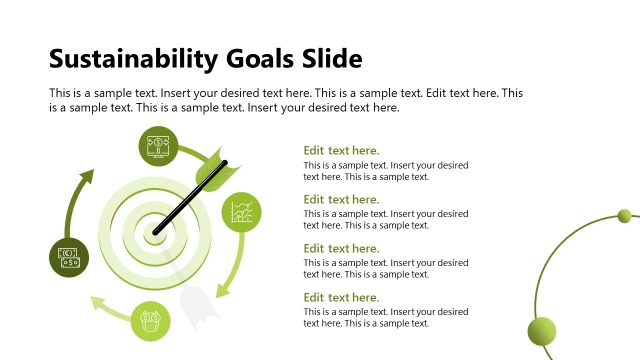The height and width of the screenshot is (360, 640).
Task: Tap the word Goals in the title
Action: point(251,58)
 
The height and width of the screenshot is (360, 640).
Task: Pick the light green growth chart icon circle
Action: point(240,212)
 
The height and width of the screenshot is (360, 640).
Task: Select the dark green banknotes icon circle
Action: point(69,255)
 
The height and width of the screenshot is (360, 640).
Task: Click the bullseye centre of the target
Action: point(156,233)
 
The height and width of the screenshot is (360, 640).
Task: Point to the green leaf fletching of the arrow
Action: point(214,172)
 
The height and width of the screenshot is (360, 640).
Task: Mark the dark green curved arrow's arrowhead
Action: point(86,177)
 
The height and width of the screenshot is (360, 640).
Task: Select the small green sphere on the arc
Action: point(625,216)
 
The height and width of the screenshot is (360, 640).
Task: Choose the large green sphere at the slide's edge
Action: point(542,331)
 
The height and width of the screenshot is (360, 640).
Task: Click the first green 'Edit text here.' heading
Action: point(341,151)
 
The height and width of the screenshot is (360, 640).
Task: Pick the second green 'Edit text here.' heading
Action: point(341,200)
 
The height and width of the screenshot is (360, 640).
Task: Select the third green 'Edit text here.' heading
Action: point(341,248)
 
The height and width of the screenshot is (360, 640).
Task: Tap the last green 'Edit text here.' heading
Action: point(341,297)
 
